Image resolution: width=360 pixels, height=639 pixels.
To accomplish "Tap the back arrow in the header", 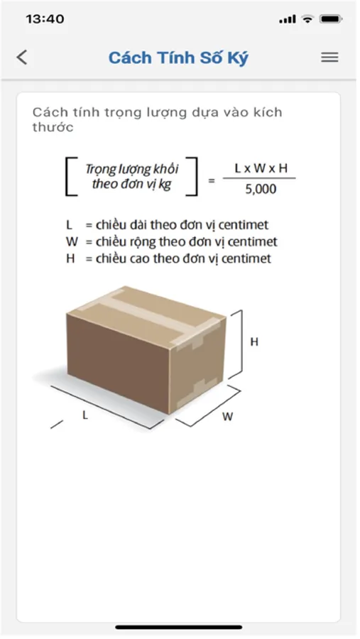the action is tap(22, 58).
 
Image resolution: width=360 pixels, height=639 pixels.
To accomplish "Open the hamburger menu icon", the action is tap(329, 58).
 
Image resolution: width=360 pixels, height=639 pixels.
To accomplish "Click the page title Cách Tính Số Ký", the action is tap(178, 58).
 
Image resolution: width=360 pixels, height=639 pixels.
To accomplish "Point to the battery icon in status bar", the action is tap(331, 18).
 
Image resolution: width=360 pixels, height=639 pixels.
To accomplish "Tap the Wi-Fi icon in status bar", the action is tap(307, 18).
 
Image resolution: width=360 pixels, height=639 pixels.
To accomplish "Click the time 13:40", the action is tap(45, 18).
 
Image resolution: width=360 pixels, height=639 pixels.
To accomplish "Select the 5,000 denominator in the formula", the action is tap(261, 189).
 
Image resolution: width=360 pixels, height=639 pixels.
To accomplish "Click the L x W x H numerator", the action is tap(261, 168).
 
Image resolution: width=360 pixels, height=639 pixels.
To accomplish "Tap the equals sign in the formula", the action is tap(211, 180).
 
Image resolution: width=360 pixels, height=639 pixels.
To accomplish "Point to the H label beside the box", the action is tap(254, 342).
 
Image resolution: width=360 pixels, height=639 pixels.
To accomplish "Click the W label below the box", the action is tap(227, 417).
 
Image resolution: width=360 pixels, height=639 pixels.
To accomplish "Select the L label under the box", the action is tap(84, 415).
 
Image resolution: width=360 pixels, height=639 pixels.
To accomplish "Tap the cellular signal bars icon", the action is tap(288, 19).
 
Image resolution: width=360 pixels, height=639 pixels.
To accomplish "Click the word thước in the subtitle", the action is tap(53, 127).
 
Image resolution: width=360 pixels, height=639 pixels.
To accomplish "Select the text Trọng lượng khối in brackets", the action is tap(131, 169).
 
